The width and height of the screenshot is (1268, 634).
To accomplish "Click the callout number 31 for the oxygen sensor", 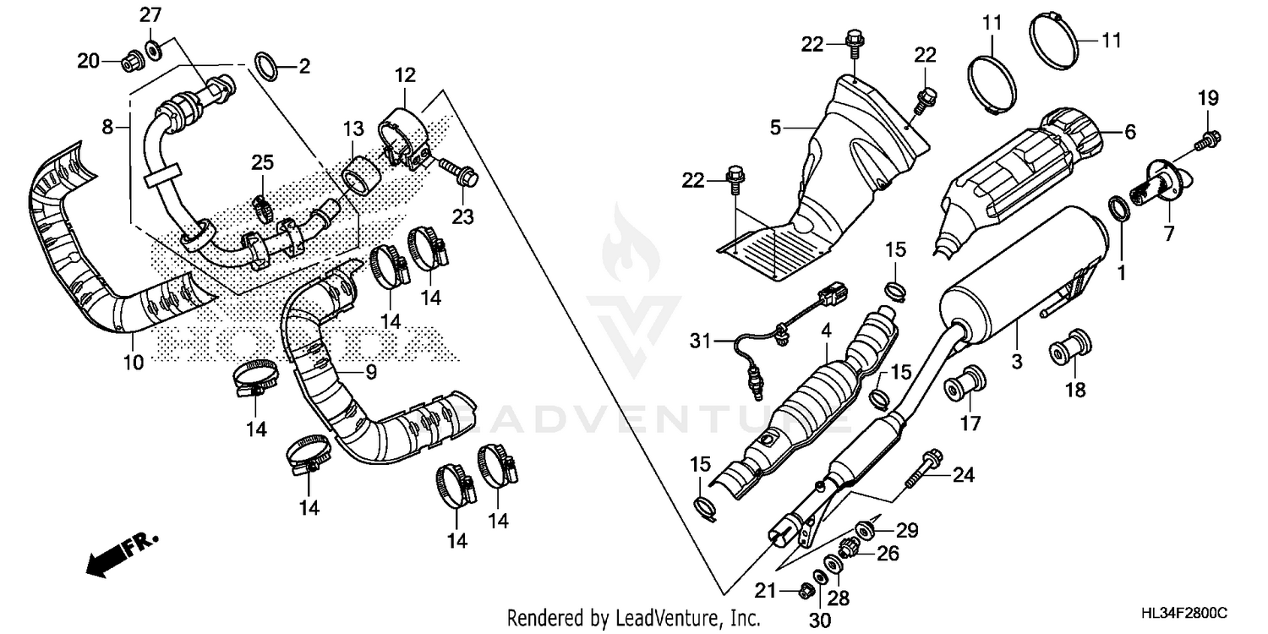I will pyautogui.click(x=700, y=341).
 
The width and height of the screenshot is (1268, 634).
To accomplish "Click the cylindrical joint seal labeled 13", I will pyautogui.click(x=360, y=174).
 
